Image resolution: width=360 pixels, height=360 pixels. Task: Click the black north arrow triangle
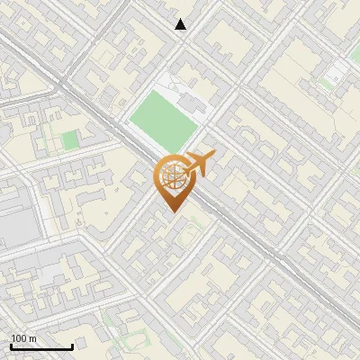181,24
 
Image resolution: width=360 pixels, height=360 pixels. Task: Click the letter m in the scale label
33,338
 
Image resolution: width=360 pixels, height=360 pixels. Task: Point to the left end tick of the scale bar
11,346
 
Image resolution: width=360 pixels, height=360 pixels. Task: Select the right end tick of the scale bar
72,346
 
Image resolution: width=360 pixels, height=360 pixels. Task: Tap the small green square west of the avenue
69,139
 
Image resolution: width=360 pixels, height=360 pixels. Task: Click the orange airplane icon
199,163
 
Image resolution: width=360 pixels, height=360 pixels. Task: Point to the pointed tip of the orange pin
171,212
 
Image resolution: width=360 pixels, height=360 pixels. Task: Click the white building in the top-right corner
338,72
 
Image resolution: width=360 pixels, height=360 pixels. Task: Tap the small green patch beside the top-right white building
326,84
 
